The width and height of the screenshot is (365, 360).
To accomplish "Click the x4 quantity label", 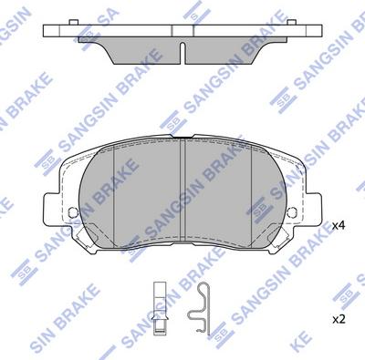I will [x=338, y=224].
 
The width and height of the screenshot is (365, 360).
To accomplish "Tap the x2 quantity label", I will [x=338, y=319].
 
